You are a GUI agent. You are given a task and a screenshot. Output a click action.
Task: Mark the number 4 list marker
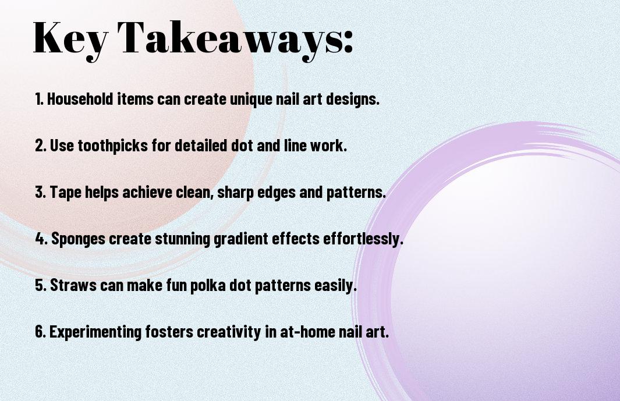click(x=41, y=239)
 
